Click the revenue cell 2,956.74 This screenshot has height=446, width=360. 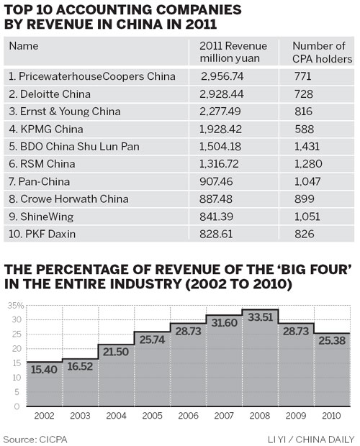tap(223, 75)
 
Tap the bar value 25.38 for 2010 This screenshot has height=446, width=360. tap(333, 341)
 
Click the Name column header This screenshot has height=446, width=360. tap(24, 46)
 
